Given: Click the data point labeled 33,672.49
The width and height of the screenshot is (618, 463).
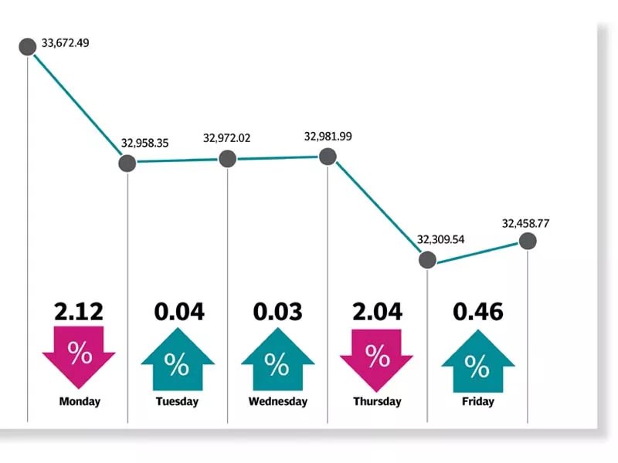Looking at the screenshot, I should click(x=27, y=47).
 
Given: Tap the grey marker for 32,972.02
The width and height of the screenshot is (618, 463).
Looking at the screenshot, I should click(x=227, y=159).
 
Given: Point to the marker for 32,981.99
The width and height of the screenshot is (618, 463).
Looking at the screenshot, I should click(x=328, y=157).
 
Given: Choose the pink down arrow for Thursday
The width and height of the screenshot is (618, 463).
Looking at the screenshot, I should click(x=376, y=357).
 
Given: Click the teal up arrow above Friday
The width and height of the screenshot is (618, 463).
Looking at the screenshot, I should click(x=477, y=361).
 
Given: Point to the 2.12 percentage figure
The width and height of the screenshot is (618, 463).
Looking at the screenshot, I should click(x=79, y=312).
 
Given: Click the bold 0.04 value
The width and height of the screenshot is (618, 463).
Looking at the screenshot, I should click(x=179, y=312).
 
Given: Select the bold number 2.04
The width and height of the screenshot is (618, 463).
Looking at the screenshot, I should click(x=377, y=312).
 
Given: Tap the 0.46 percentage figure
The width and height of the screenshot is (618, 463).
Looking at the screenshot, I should click(x=477, y=312).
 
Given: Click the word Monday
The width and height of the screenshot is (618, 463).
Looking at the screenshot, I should click(x=80, y=401).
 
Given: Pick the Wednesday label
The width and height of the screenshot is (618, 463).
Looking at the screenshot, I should click(x=278, y=401).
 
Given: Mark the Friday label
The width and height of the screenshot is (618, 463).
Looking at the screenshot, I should click(x=477, y=401).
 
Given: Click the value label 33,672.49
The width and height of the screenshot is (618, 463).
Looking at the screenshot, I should click(x=66, y=43).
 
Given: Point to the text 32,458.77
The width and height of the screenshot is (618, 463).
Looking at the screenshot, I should click(x=525, y=224).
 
